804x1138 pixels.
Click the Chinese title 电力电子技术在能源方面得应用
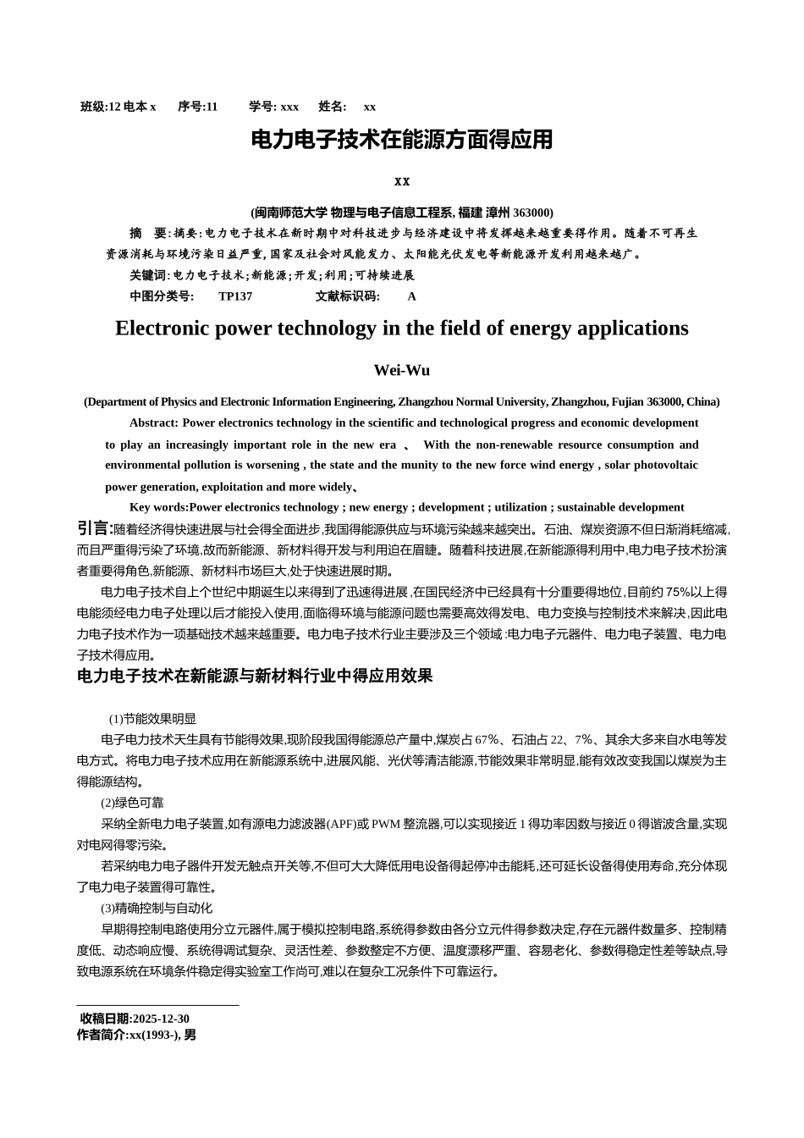(x=401, y=141)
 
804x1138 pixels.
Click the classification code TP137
(x=235, y=296)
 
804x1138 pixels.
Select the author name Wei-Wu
(x=401, y=371)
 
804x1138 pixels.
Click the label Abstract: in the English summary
(x=153, y=423)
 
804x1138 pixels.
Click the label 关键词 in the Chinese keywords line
(x=148, y=275)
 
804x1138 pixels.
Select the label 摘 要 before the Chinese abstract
(x=147, y=233)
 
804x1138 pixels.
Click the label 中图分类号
(x=161, y=296)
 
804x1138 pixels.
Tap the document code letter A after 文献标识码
(x=412, y=296)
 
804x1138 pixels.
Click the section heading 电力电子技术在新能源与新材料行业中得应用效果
(x=255, y=676)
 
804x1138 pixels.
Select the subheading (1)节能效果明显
(x=151, y=719)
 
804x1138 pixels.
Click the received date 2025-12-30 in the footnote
(x=161, y=1019)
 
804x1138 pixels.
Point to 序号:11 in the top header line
(x=198, y=107)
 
